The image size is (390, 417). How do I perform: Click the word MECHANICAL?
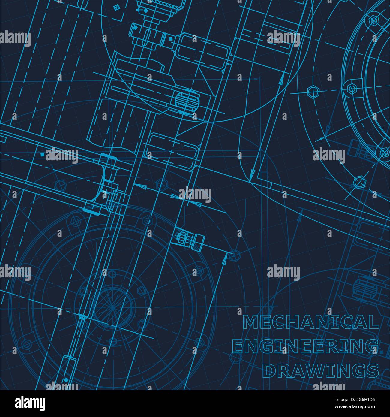(311, 322)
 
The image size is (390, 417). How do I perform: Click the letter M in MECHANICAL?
(250, 322)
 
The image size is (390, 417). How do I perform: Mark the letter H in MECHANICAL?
(293, 322)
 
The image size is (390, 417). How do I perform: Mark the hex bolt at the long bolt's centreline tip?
(235, 255)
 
